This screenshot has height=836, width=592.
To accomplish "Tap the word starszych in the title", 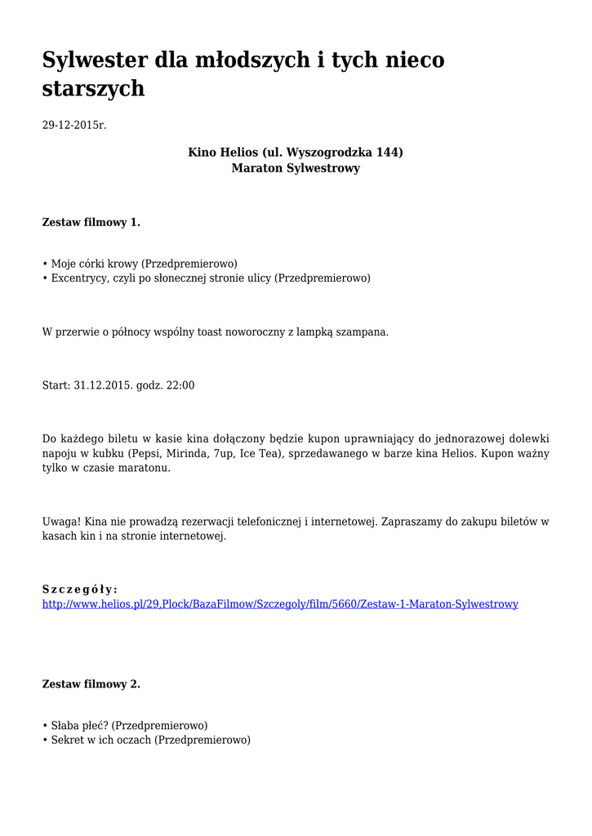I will coord(93,89).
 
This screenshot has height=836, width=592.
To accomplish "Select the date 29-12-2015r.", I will coord(74,125).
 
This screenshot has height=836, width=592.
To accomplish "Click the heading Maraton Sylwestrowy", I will coord(296,168).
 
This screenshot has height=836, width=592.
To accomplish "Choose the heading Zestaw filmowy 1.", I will coord(91,222).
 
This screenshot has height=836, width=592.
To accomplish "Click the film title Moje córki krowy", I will coord(95,264).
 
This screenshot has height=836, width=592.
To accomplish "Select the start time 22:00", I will coord(180,385).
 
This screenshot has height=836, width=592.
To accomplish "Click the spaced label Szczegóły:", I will coord(80,589).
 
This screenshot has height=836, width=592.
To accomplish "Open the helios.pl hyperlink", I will coord(280,604).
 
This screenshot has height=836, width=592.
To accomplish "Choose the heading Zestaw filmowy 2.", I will coord(91,684).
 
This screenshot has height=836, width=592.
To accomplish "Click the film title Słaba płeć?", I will coord(82,725).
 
